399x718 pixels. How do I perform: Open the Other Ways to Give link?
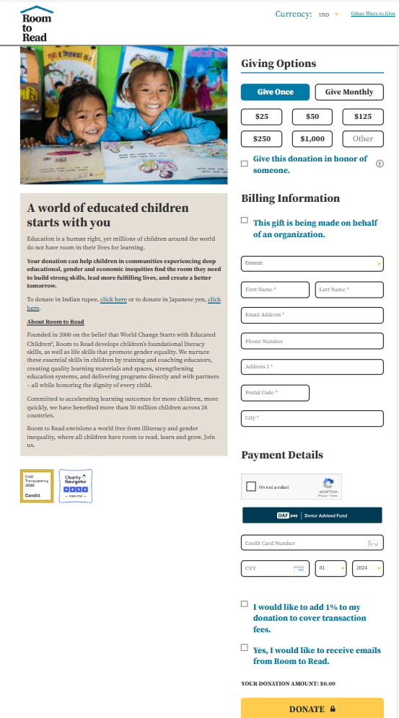tap(372, 14)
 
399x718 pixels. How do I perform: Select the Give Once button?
tap(275, 92)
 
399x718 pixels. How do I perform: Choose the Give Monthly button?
tap(349, 92)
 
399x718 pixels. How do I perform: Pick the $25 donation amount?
tap(261, 117)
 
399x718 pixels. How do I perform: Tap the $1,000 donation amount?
tap(312, 138)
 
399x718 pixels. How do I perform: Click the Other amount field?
tap(363, 138)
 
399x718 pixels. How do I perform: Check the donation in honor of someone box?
tap(245, 164)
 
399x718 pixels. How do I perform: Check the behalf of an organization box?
tap(245, 221)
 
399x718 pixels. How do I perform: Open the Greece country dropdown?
tap(312, 264)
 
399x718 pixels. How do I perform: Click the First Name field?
tap(275, 290)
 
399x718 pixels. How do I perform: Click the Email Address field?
tap(312, 315)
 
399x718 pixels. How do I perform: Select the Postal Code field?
tap(275, 393)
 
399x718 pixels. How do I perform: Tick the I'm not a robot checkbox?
tap(250, 487)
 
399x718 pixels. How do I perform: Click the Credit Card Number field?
tap(312, 543)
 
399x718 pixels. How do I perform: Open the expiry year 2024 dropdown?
tap(367, 568)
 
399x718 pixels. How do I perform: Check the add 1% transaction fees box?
tap(245, 604)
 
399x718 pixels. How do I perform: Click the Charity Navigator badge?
tap(76, 486)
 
